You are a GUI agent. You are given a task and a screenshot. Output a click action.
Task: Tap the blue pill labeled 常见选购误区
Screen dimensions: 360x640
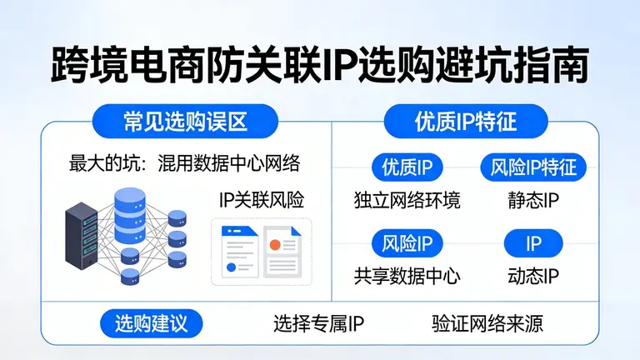(x=184, y=122)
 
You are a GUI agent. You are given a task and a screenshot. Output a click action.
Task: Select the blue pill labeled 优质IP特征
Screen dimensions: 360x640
(x=465, y=122)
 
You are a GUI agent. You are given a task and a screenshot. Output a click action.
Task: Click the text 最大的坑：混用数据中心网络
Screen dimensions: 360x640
(x=184, y=162)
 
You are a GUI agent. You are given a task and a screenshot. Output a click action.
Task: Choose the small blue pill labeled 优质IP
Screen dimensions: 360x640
(x=407, y=167)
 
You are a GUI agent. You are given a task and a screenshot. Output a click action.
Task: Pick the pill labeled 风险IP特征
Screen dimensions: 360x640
(x=533, y=167)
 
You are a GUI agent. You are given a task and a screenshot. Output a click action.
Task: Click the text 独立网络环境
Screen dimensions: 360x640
(x=407, y=201)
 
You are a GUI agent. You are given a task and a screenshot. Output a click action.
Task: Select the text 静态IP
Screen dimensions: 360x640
(x=533, y=201)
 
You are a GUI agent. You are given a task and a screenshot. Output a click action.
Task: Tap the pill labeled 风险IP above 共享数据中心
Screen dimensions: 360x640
(x=407, y=243)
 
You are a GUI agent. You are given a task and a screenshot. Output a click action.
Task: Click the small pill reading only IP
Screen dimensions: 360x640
(x=533, y=243)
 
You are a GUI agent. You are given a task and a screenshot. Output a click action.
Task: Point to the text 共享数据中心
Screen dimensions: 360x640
(x=407, y=276)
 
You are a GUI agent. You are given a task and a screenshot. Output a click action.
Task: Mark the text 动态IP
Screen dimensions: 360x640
(x=533, y=276)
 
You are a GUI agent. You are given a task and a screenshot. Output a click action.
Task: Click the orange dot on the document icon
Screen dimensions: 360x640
(x=273, y=244)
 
